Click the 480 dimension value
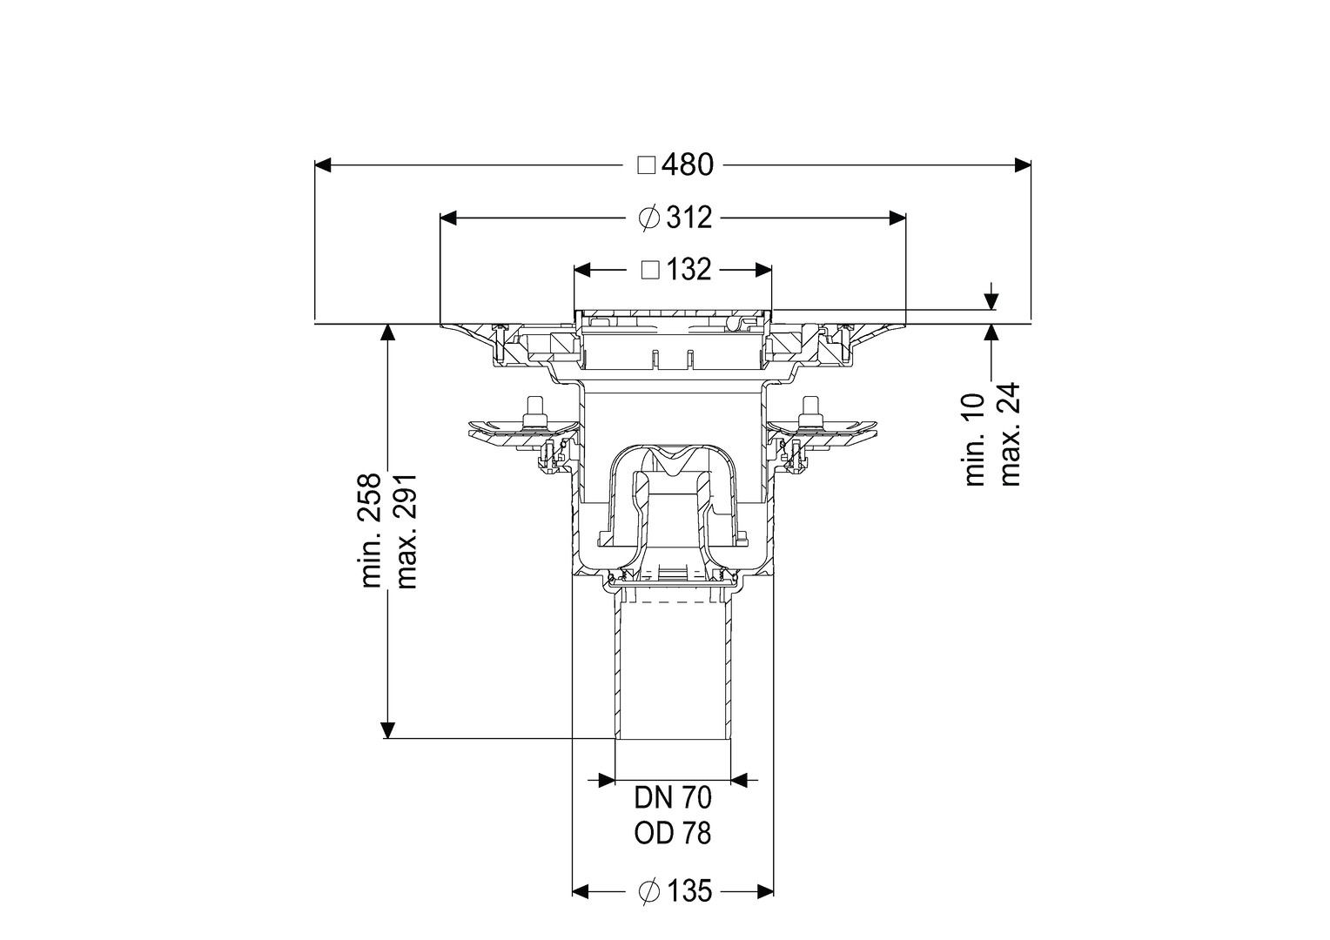[x=688, y=165]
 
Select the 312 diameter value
[x=689, y=218]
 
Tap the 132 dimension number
[x=689, y=270]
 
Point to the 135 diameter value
[x=689, y=908]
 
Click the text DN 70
[x=673, y=799]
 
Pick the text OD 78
[x=673, y=835]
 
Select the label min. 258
[x=373, y=530]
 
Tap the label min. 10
[x=974, y=440]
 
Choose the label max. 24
[x=1010, y=434]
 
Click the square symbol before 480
[x=646, y=165]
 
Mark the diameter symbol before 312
[x=649, y=218]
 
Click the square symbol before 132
[x=651, y=270]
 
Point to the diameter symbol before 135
[x=649, y=908]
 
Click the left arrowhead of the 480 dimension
[x=322, y=165]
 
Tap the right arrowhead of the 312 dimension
[x=897, y=218]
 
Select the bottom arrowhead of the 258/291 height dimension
[x=387, y=729]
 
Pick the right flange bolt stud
[x=807, y=411]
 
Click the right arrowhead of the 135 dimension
[x=765, y=908]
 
